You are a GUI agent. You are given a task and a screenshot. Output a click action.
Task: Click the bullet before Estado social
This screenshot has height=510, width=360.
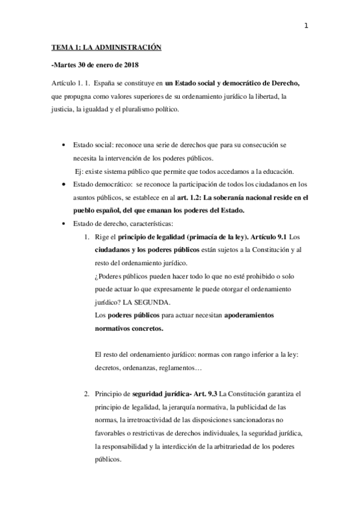point(65,146)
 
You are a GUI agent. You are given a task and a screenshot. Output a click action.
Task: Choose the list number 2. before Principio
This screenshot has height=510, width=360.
point(87,394)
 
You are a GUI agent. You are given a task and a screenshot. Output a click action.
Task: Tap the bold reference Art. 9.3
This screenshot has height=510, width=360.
point(203,394)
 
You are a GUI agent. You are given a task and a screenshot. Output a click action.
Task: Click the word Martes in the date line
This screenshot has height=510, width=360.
point(60,64)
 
